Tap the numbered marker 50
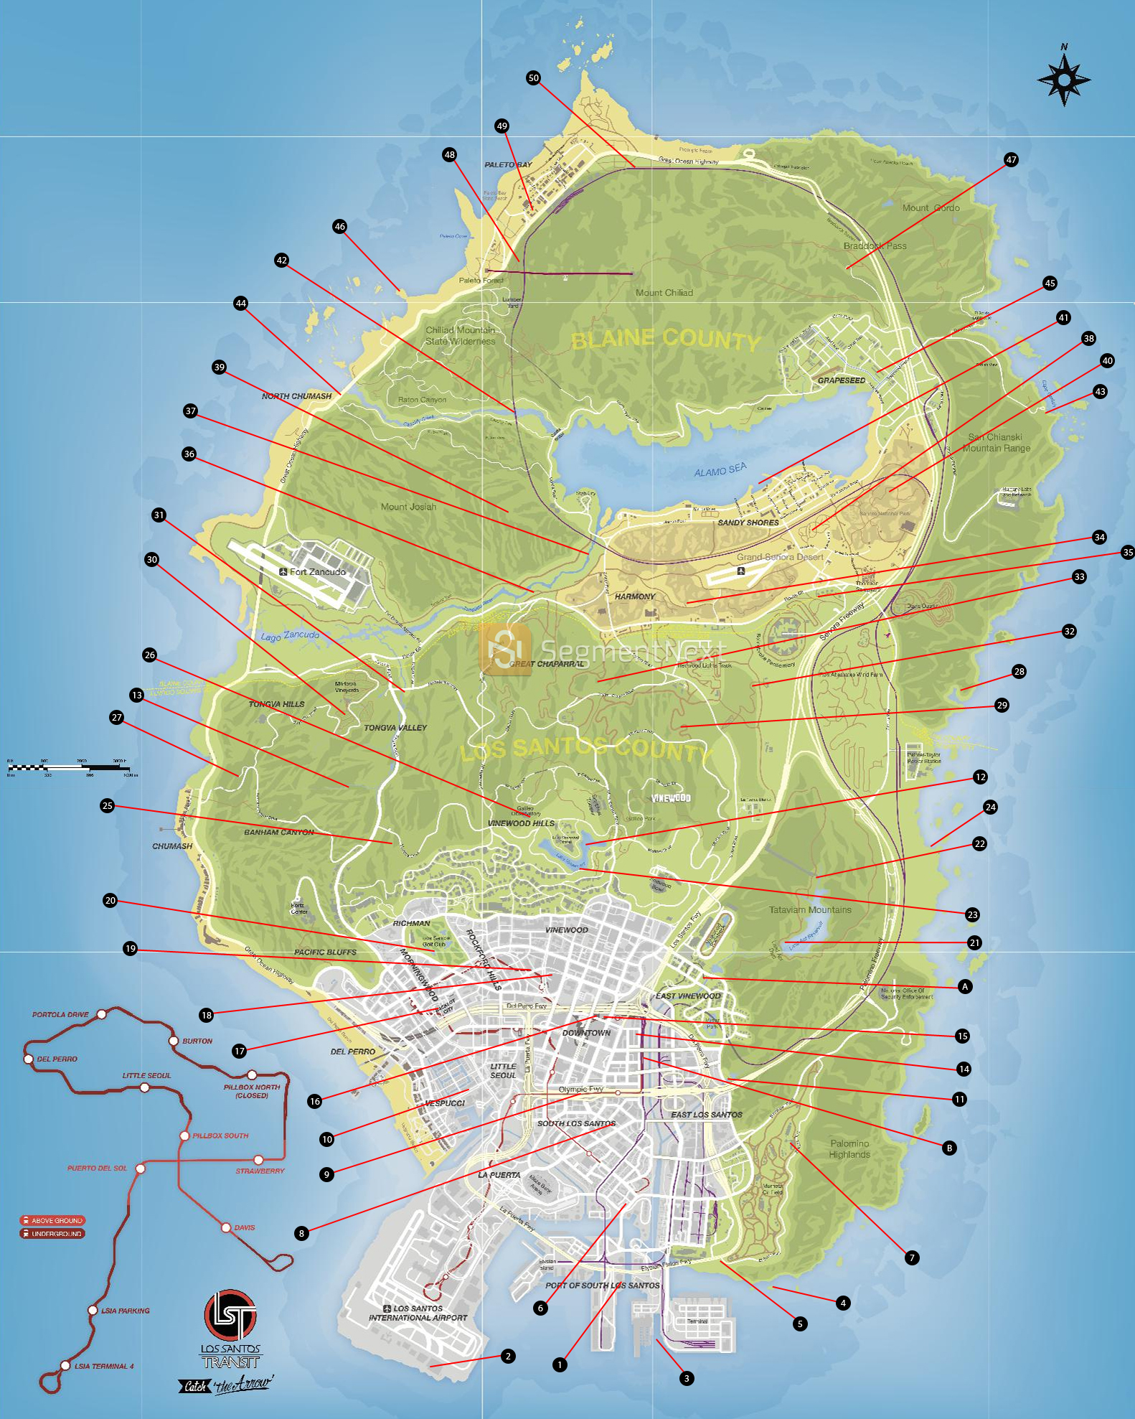coord(533,78)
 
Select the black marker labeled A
coord(965,986)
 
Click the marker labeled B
coord(949,1148)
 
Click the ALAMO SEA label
coord(720,470)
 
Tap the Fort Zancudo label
coord(313,572)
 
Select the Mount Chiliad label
coord(664,293)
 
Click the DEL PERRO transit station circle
coord(29,1059)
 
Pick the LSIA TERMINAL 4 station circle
coord(65,1365)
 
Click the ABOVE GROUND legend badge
coord(52,1220)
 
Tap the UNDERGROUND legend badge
coord(52,1234)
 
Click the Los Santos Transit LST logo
coord(230,1315)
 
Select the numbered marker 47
coord(1011,159)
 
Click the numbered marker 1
coord(560,1364)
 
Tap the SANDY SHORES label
coord(748,523)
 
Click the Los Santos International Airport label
coord(418,1313)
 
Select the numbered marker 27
coord(116,717)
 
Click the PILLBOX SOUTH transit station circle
coord(184,1135)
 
